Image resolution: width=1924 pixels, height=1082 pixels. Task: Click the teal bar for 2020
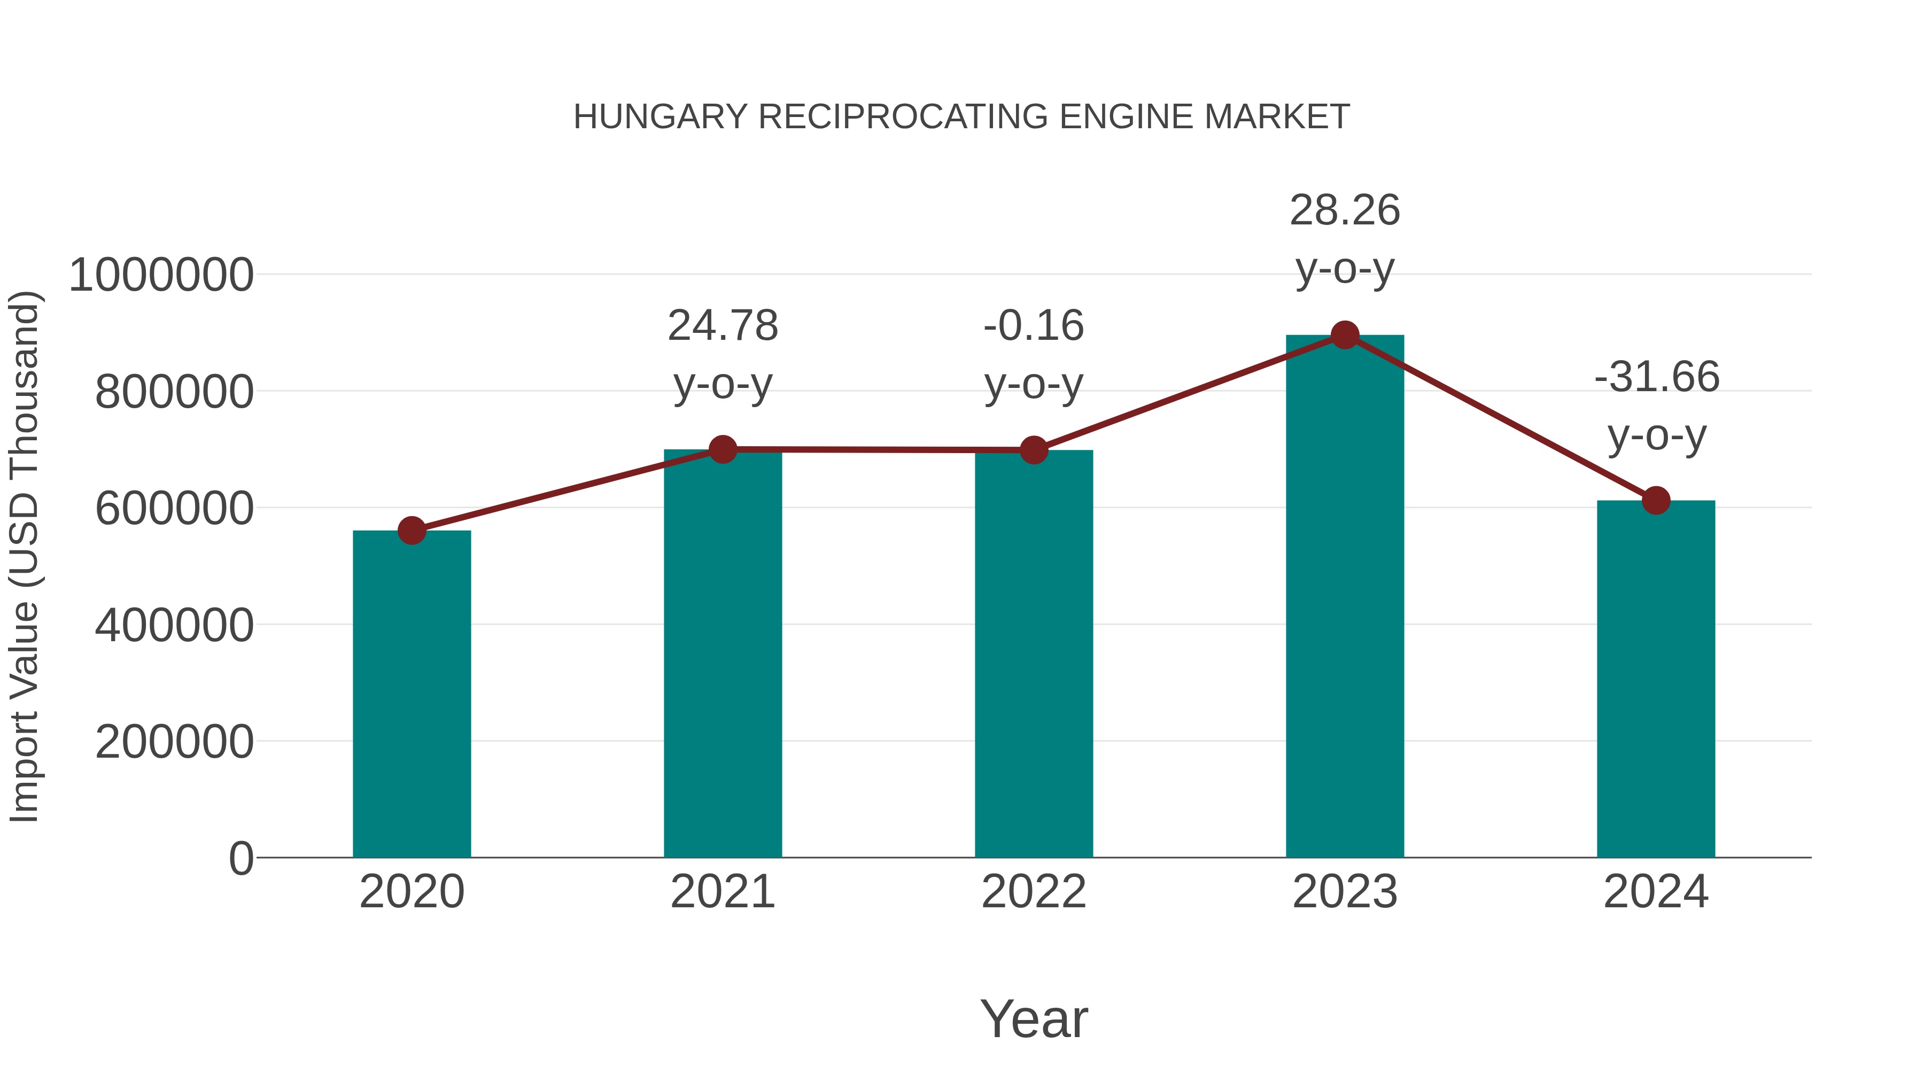(412, 695)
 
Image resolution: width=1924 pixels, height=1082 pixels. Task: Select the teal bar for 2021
(722, 653)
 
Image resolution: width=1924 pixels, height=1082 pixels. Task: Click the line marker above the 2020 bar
(412, 531)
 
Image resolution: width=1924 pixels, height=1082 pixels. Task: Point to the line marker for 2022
(1034, 450)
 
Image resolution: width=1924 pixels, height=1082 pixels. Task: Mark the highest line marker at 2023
(1345, 335)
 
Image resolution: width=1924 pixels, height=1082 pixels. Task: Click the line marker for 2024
(1656, 500)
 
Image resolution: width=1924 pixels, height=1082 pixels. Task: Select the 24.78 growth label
(722, 326)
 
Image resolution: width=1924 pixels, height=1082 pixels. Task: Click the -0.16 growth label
(1034, 326)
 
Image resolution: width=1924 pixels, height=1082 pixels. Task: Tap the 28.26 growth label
(1345, 211)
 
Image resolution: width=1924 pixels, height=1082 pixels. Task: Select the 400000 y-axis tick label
(174, 625)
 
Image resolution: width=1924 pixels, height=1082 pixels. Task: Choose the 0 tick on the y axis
(241, 858)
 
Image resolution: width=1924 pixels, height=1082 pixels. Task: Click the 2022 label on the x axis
(1034, 892)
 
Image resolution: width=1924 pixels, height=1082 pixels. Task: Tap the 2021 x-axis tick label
(722, 892)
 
